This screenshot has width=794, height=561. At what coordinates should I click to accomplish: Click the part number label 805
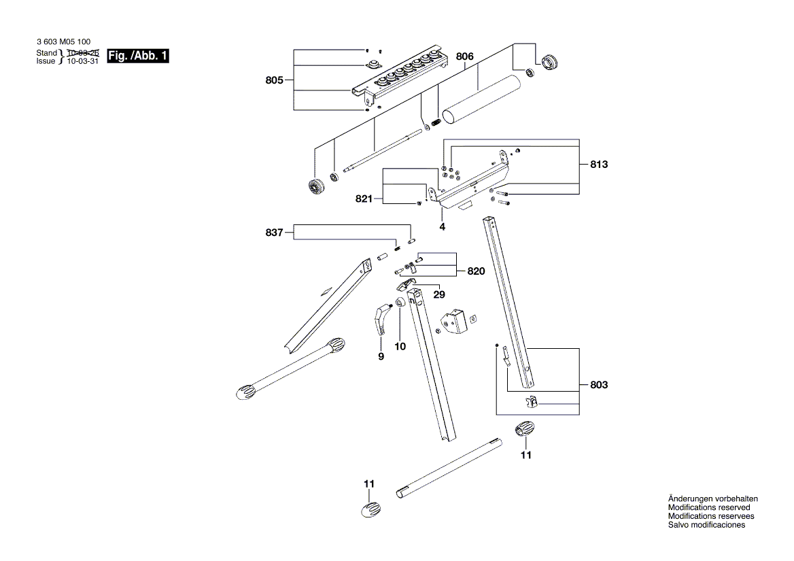[274, 81]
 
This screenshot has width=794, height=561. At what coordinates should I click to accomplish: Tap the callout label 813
[599, 165]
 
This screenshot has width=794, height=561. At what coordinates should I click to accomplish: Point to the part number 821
[364, 199]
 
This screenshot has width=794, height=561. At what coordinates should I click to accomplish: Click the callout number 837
[275, 233]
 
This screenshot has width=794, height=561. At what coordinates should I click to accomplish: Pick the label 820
[476, 271]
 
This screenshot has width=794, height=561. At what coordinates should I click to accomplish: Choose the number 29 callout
[440, 294]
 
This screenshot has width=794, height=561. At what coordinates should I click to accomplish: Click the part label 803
[599, 385]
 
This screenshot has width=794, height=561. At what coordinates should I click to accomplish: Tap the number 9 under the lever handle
[381, 356]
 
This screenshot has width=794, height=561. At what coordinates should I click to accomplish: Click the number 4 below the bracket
[442, 226]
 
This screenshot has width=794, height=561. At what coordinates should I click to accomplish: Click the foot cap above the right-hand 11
[524, 430]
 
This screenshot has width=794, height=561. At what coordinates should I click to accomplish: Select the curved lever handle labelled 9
[381, 320]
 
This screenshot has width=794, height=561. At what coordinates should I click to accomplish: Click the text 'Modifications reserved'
[709, 507]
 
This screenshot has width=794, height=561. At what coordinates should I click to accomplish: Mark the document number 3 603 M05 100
[63, 41]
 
